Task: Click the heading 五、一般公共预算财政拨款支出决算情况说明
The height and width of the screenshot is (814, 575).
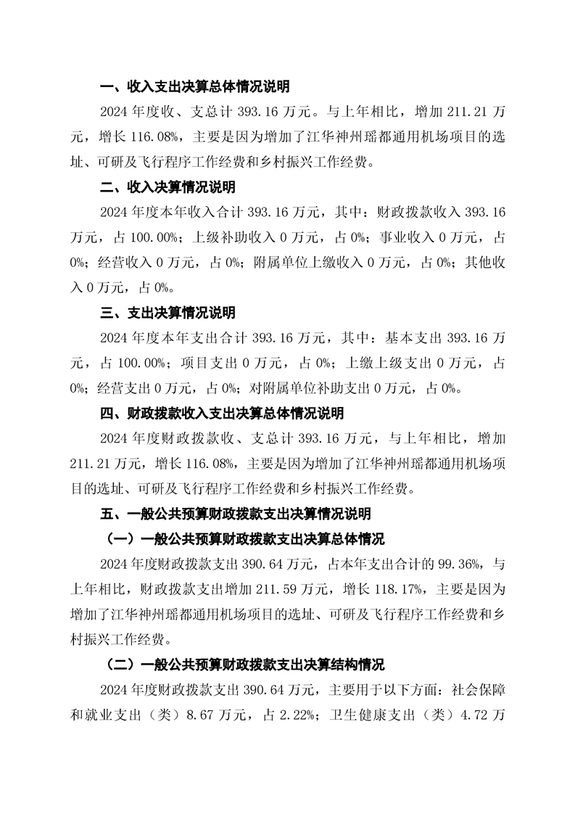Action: point(236,514)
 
